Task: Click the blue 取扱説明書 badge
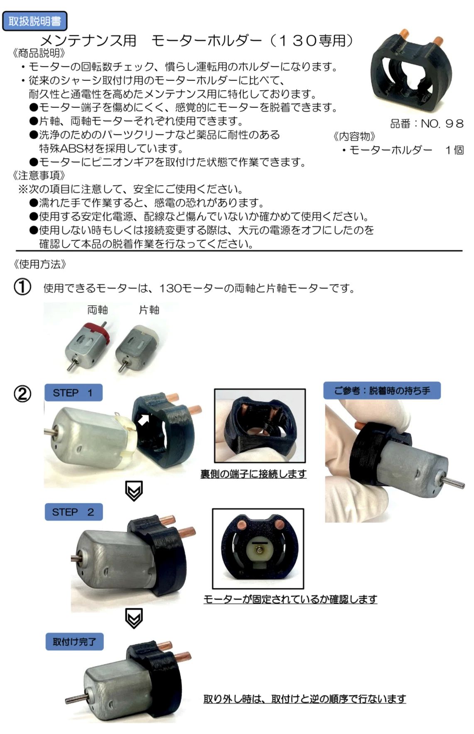pos(34,21)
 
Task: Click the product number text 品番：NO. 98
pos(427,123)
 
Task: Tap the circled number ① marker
pos(22,287)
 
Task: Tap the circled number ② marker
pos(22,393)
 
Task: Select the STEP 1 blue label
pos(73,393)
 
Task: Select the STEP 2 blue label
pos(74,512)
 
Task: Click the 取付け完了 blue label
pos(74,641)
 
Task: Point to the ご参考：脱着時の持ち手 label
pos(382,390)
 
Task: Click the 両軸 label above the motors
pos(98,310)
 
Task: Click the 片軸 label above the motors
pos(149,310)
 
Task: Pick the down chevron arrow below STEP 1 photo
pos(134,491)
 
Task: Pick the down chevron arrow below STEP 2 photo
pos(134,618)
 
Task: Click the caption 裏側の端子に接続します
pos(253,473)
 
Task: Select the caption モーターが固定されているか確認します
pos(290,599)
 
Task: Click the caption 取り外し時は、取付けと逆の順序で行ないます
pos(305,699)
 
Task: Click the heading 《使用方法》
pos(39,264)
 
